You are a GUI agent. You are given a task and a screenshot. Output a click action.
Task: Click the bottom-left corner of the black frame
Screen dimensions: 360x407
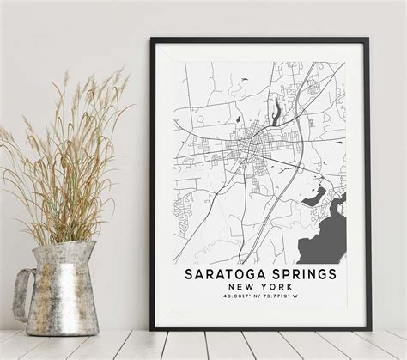[x=151, y=329]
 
